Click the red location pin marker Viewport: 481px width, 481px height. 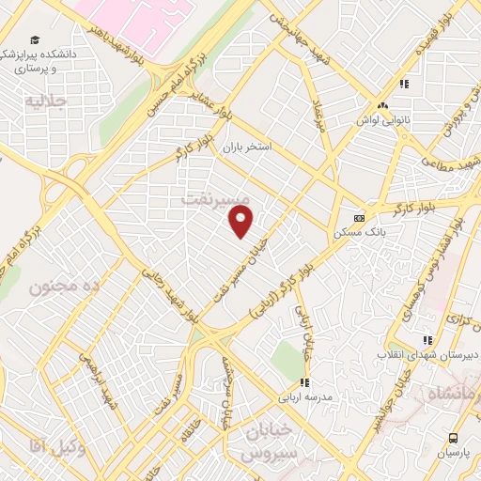pos(241,222)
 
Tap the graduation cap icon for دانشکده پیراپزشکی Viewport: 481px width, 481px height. pos(36,40)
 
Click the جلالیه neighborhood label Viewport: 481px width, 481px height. pos(46,99)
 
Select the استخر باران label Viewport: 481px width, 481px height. pos(246,148)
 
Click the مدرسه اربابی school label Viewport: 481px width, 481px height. pos(303,396)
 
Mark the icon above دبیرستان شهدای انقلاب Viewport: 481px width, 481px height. pos(428,340)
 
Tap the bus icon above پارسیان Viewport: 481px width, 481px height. pos(455,438)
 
